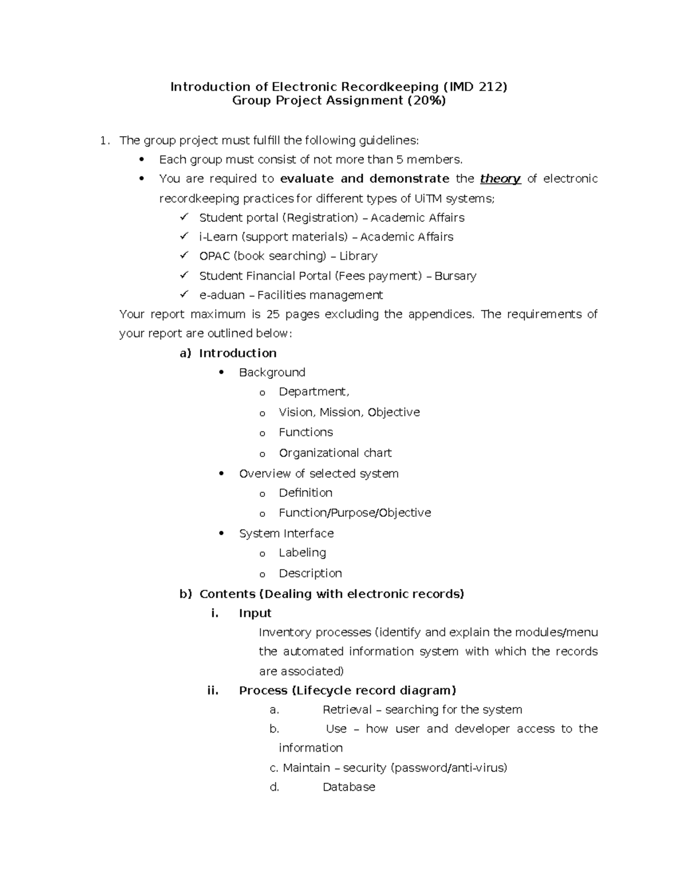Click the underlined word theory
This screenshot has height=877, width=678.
click(x=500, y=179)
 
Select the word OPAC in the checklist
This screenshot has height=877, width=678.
click(x=214, y=256)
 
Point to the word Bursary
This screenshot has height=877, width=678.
click(x=455, y=276)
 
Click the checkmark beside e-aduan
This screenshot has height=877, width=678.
click(x=184, y=294)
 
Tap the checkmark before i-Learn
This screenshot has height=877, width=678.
click(x=184, y=236)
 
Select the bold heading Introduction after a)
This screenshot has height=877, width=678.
click(x=238, y=354)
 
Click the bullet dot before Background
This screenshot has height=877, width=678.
click(x=222, y=372)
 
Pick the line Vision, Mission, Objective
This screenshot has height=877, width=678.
click(x=349, y=413)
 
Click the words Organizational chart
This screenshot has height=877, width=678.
click(x=335, y=453)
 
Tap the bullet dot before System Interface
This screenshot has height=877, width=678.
click(x=222, y=533)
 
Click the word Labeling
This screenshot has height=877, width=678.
click(x=302, y=553)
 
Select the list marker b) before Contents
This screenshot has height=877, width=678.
click(x=185, y=594)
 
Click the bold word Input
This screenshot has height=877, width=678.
click(x=255, y=613)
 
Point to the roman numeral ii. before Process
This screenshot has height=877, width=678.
click(x=213, y=691)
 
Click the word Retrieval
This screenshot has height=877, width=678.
click(x=347, y=710)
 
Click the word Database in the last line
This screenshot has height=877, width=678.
click(x=349, y=787)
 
